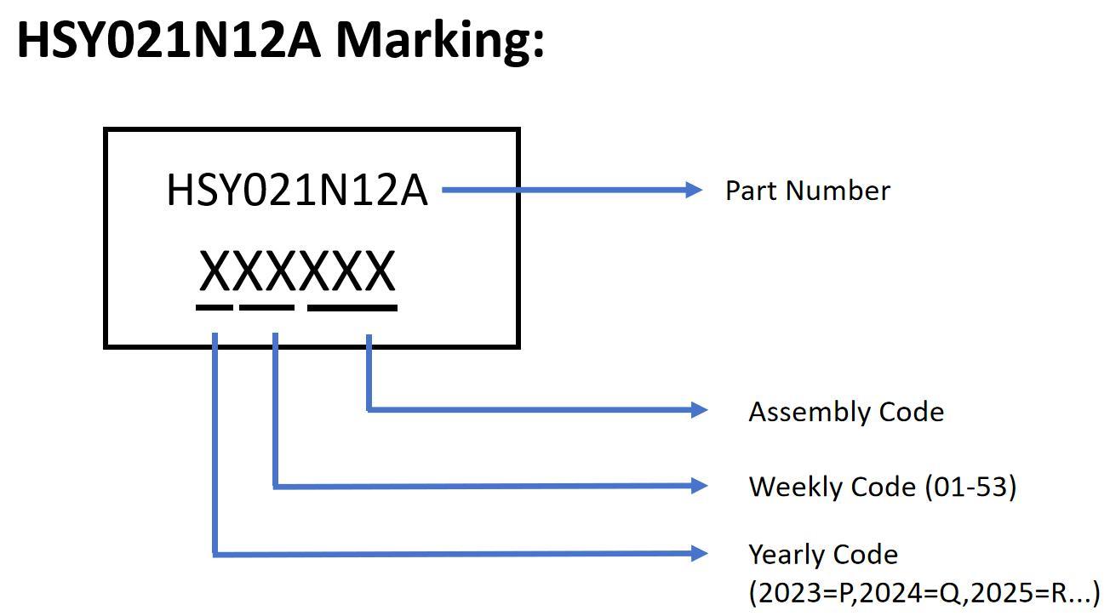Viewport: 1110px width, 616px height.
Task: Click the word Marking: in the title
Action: (439, 39)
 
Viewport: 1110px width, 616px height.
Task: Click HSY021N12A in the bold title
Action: (169, 39)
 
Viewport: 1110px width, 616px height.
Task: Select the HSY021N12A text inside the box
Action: (296, 190)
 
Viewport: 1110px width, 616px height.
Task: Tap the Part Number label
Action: (807, 191)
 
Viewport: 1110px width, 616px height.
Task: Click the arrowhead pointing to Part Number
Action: (694, 190)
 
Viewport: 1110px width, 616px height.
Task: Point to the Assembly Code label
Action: (846, 412)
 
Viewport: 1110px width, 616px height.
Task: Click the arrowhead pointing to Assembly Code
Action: (699, 410)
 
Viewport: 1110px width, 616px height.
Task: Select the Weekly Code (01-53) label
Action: (882, 487)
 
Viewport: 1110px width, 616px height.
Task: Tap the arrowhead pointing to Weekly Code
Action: (699, 486)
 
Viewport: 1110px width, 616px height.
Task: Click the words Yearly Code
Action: (823, 555)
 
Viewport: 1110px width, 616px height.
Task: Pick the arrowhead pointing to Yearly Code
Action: (699, 554)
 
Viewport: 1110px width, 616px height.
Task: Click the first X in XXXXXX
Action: (215, 272)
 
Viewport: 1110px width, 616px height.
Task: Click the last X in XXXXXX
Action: (379, 272)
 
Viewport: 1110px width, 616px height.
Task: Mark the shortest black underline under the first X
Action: (214, 306)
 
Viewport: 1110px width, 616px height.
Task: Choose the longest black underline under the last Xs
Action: (352, 306)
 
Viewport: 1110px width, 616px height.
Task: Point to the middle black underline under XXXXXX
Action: (266, 306)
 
